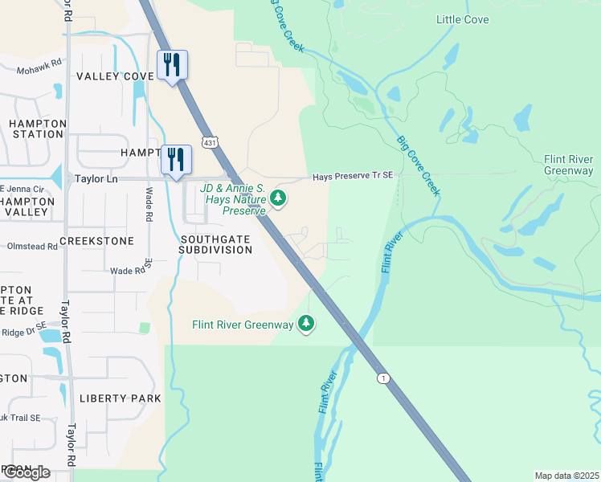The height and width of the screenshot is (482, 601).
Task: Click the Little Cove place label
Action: tap(462, 19)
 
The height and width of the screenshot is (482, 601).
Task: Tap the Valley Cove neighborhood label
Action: tap(115, 76)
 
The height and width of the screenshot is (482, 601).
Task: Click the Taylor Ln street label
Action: tap(96, 179)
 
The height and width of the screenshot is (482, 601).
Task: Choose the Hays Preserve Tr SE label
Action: tap(353, 177)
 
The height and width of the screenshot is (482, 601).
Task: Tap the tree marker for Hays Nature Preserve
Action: tap(278, 197)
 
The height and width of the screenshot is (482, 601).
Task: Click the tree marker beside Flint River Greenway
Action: tap(305, 323)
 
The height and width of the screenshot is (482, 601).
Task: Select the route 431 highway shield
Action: tap(209, 142)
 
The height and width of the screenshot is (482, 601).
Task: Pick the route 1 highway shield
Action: tap(385, 378)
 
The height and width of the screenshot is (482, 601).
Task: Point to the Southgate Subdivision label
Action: tap(216, 244)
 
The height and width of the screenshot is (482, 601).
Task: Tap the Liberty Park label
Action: tap(121, 398)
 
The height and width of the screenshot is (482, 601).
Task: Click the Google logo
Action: tap(26, 472)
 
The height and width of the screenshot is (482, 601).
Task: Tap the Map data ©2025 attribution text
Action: tap(566, 476)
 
